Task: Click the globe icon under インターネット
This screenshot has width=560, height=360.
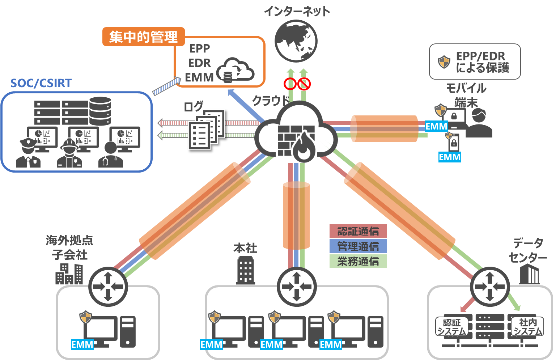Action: point(296,41)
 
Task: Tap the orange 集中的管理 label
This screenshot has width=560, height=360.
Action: point(144,37)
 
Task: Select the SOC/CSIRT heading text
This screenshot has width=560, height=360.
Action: point(41,83)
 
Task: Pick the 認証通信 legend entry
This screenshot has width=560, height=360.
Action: point(358,231)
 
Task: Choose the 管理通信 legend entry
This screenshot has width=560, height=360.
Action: point(358,246)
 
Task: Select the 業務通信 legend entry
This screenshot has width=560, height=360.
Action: point(358,261)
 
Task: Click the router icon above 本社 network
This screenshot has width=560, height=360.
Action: point(297,287)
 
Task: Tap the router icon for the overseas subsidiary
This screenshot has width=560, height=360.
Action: point(108,287)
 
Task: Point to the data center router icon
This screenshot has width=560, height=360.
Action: point(490,287)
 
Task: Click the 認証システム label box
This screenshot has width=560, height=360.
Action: point(452,327)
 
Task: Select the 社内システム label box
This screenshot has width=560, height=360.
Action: point(528,327)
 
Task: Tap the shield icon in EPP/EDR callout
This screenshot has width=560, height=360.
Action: point(444,62)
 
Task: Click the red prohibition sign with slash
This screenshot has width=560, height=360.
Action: point(304,84)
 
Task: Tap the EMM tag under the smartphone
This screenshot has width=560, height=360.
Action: point(450,157)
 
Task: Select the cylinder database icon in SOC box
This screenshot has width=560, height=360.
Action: point(100,111)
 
